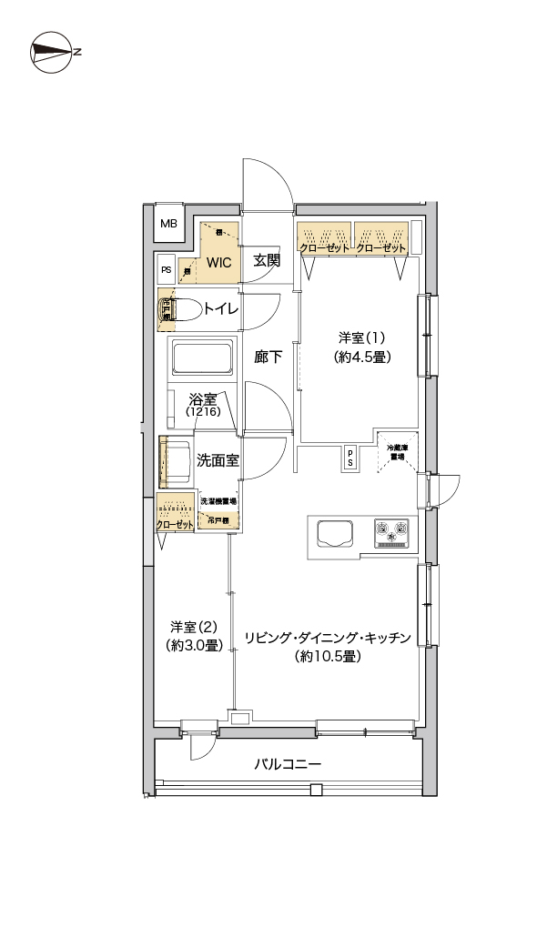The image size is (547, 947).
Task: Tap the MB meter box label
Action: coord(169,224)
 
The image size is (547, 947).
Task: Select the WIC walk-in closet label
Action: coord(219,262)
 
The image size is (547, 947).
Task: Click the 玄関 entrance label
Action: coord(266,261)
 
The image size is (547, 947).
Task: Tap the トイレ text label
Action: coord(220,309)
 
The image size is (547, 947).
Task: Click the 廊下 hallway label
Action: coord(268,358)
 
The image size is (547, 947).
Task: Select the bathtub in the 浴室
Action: coord(200,361)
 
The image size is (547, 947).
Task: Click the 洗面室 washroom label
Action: coord(218,460)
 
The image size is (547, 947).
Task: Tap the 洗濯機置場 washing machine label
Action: coord(218,501)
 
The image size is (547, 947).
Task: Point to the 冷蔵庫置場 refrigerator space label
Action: coord(399,452)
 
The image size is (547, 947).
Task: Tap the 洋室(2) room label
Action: coord(197,627)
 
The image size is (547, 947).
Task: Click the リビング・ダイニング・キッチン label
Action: coord(329,637)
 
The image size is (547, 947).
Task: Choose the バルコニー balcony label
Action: coord(288,763)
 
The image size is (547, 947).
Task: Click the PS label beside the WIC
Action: coord(167,270)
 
